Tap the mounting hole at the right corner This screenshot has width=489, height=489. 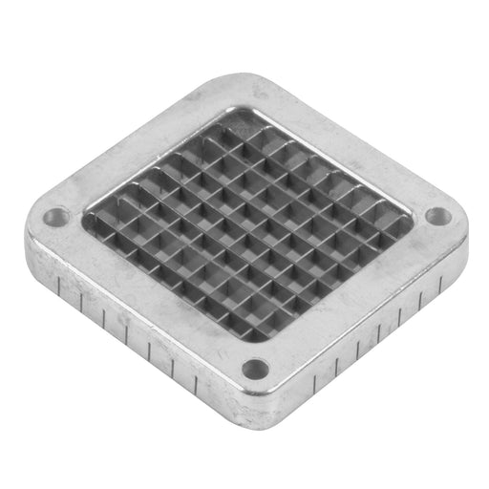[437, 216]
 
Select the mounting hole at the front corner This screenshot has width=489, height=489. [255, 368]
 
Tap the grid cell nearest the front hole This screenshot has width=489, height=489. [250, 325]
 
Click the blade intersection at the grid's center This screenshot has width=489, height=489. [248, 223]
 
